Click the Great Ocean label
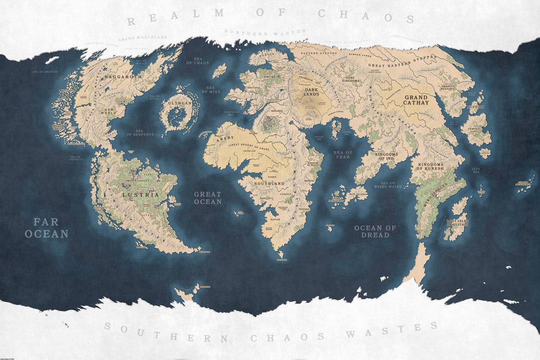pyautogui.click(x=207, y=198)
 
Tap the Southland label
pyautogui.click(x=270, y=183)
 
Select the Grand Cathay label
pyautogui.click(x=416, y=100)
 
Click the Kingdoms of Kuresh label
pyautogui.click(x=430, y=167)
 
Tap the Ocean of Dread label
pyautogui.click(x=375, y=231)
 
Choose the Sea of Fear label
pyautogui.click(x=343, y=154)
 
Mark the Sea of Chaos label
pyautogui.click(x=197, y=60)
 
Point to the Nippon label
pyautogui.click(x=474, y=106)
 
